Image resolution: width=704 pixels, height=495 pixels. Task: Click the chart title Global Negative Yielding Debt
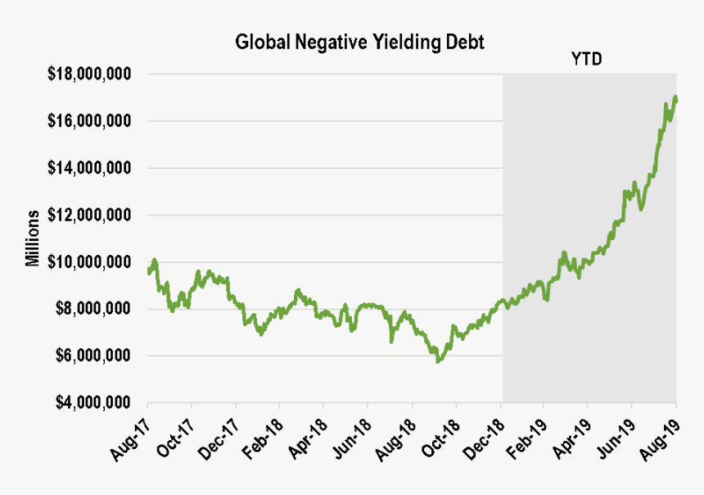click(x=359, y=42)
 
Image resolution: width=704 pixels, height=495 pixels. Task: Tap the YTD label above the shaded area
click(x=586, y=60)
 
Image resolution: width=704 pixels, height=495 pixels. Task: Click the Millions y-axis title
click(x=33, y=238)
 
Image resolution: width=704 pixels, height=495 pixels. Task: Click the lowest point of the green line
click(x=438, y=361)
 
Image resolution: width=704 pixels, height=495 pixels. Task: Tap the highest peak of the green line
click(x=675, y=97)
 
